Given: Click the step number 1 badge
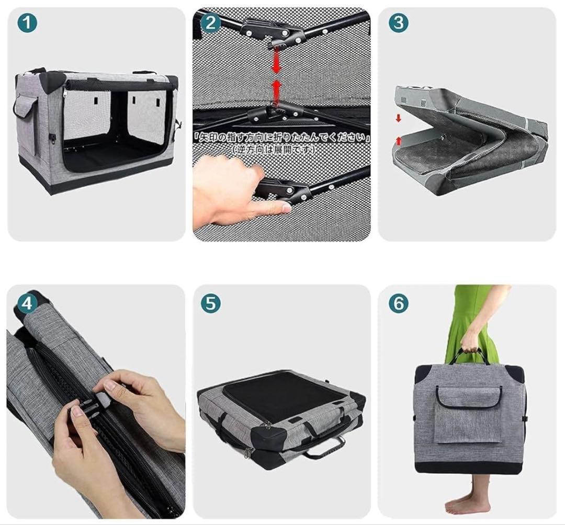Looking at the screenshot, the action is (x=27, y=23).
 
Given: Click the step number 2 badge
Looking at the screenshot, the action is (x=211, y=23).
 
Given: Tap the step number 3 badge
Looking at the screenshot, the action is (x=399, y=23).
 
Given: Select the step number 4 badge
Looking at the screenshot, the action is (x=27, y=304).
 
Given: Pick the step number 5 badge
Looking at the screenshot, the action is (x=211, y=304).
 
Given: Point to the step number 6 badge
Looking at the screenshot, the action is (x=399, y=304).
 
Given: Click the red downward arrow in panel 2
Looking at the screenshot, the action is (x=276, y=61).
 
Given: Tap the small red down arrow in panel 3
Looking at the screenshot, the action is (x=398, y=118).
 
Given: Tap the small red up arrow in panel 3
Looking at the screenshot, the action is (x=398, y=141).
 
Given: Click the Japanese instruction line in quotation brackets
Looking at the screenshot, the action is (x=281, y=138).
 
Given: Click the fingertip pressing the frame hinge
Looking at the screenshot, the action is (x=285, y=207).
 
